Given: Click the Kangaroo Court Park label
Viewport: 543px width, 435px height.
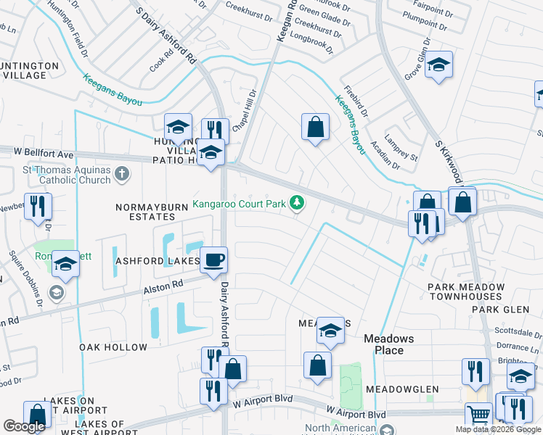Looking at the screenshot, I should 239,204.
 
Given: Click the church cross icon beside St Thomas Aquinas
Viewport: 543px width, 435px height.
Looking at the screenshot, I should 122,174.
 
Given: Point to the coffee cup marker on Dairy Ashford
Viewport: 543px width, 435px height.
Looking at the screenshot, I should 213,260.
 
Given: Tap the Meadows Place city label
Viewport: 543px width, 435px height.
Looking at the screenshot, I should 388,344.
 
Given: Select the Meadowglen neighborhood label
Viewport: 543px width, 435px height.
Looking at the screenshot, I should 402,389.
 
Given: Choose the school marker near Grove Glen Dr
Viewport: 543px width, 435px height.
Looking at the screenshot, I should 438,65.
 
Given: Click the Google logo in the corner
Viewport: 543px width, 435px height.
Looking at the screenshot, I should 24,426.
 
